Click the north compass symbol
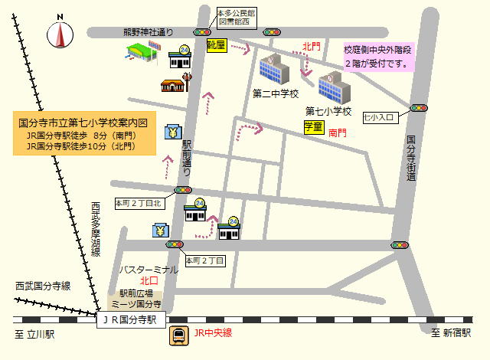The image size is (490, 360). (x=60, y=33)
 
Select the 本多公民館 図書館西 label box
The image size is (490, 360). (x=237, y=18)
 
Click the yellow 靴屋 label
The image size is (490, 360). (x=217, y=45)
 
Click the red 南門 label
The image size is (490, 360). (x=338, y=133)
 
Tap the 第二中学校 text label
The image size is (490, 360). (x=275, y=93)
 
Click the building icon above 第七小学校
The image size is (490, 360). (x=334, y=88)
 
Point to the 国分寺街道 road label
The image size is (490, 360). (x=411, y=158)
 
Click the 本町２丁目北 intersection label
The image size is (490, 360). (x=139, y=204)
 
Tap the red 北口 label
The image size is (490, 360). (x=149, y=280)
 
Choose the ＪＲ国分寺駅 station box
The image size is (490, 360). (x=130, y=319)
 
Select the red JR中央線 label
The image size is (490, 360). (x=213, y=333)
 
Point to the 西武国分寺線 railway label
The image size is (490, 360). (x=43, y=286)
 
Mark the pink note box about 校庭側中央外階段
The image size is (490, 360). (x=378, y=56)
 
